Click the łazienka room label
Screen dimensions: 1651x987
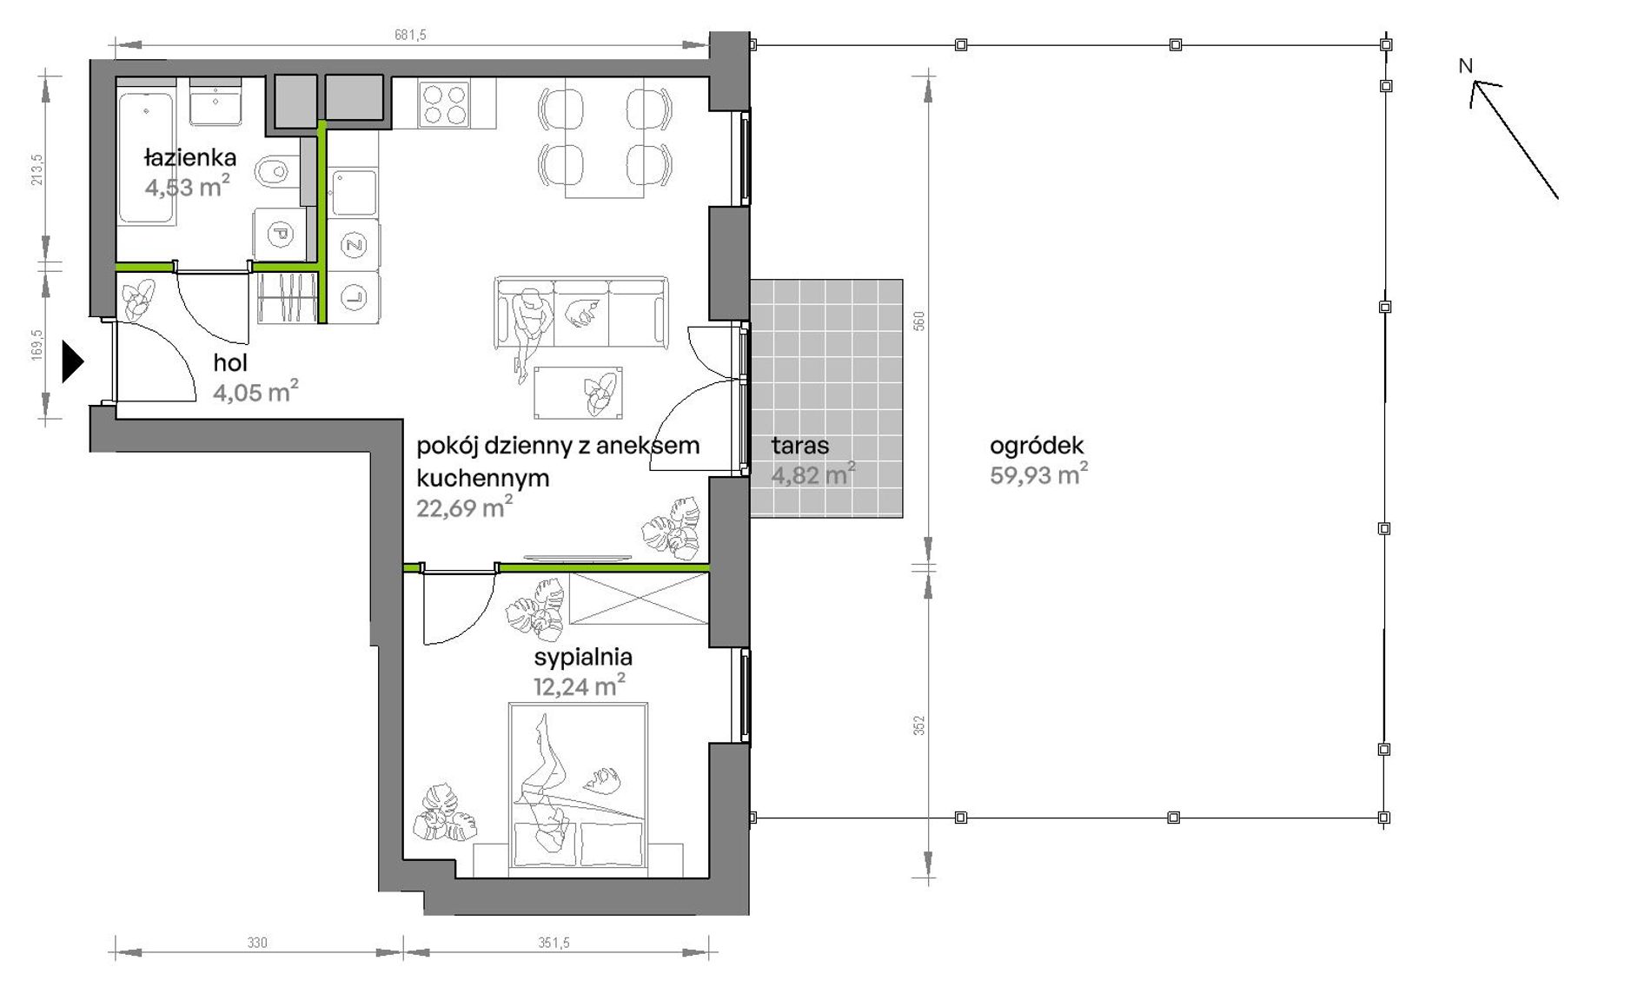[189, 158]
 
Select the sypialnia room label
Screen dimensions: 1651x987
[583, 657]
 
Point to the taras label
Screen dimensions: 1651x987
[799, 446]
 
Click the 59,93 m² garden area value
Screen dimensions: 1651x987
[1039, 474]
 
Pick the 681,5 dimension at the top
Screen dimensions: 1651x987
[410, 35]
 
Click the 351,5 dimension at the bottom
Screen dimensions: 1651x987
[554, 943]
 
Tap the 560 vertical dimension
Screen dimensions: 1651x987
[919, 321]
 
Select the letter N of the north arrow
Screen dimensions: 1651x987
[1466, 65]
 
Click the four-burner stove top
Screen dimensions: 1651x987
[444, 104]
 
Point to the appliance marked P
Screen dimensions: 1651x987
[280, 234]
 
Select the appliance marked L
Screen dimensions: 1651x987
[354, 297]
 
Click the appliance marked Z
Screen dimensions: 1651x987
[354, 245]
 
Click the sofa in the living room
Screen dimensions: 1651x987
[581, 312]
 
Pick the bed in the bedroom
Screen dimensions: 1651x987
[579, 785]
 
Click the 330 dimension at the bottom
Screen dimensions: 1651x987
[257, 943]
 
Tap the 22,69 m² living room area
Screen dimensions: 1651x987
[464, 507]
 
